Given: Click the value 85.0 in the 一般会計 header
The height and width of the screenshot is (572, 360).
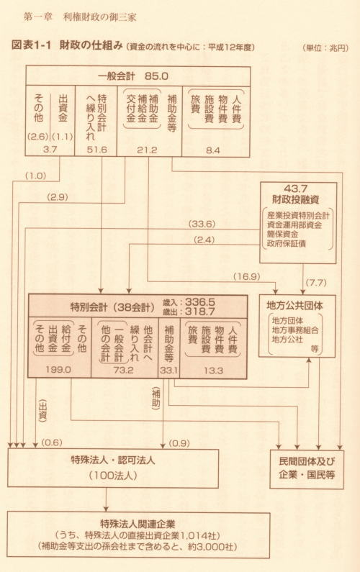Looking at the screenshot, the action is click(x=156, y=76).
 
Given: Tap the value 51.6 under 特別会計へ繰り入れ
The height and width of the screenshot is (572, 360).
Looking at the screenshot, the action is click(x=96, y=150).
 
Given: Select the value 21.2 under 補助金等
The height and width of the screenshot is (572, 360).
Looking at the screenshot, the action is click(x=147, y=150).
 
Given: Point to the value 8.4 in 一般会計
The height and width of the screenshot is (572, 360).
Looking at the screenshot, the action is click(x=213, y=150).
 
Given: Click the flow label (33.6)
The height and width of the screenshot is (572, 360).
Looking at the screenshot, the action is click(x=202, y=224).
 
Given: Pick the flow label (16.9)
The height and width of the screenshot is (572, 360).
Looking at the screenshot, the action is click(x=247, y=276).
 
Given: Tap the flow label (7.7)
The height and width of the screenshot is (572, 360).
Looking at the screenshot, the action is click(x=316, y=282).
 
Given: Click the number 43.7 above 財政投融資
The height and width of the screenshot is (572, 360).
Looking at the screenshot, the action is click(x=295, y=189).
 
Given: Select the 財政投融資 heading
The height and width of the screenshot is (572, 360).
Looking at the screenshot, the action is click(x=296, y=199).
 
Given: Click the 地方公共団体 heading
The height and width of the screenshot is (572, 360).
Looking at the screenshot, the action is click(x=294, y=306).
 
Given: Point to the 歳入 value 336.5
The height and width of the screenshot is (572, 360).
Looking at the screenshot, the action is click(x=200, y=301).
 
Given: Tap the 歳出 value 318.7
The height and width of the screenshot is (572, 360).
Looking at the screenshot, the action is click(x=200, y=311).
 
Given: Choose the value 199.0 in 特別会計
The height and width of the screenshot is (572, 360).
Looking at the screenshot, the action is click(x=58, y=370).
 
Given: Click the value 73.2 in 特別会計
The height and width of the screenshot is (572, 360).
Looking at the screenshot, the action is click(x=123, y=370).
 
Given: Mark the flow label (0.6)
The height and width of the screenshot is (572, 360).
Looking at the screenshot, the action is click(x=52, y=442).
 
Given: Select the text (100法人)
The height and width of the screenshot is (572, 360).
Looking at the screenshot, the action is click(x=113, y=476).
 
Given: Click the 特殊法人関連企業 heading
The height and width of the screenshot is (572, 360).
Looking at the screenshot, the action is click(x=138, y=524).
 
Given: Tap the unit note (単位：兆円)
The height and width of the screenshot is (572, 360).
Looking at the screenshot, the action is click(x=325, y=47).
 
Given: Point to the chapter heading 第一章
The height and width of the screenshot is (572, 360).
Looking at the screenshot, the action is click(x=38, y=17).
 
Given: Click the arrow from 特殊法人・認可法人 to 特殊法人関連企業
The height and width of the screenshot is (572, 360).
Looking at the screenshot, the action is click(x=107, y=500).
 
